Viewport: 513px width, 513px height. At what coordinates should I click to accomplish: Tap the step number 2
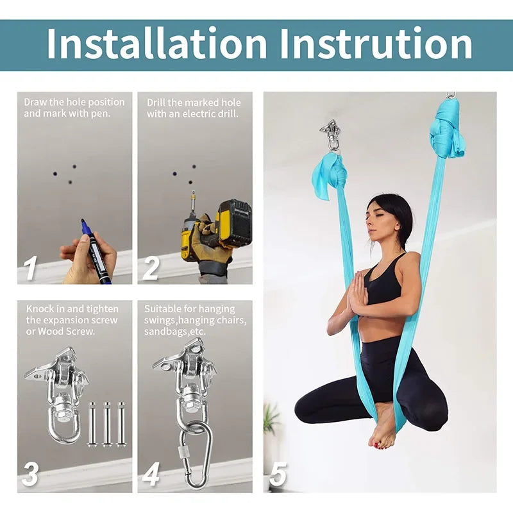150,269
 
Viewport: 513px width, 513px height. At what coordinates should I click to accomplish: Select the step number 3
30,475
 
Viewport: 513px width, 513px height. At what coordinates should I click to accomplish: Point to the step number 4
151,475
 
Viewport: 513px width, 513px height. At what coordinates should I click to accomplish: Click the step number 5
278,475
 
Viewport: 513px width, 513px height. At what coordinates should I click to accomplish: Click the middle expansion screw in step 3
107,423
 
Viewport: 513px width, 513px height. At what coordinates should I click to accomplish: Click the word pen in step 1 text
101,114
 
